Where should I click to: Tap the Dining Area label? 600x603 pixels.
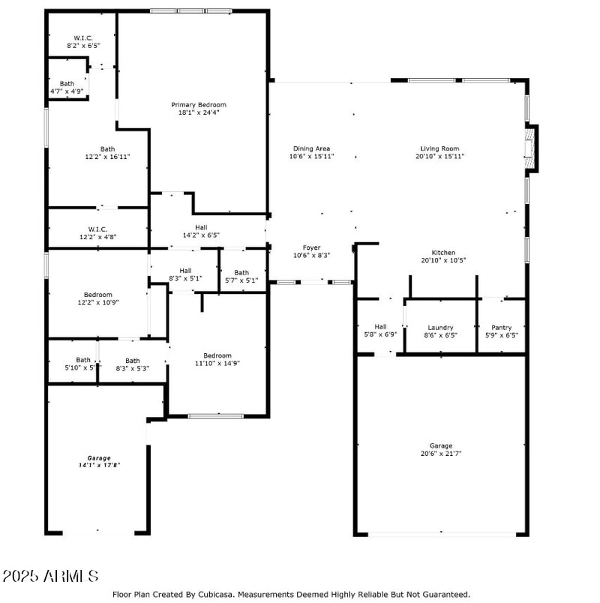click(x=312, y=148)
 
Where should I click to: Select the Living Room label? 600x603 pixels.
click(x=439, y=148)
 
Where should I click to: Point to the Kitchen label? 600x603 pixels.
click(x=443, y=253)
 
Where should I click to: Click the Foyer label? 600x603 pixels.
click(x=311, y=247)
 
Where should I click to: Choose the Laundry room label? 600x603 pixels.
click(x=440, y=328)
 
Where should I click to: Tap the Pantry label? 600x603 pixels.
click(x=501, y=328)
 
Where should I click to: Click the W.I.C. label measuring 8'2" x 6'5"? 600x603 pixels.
click(x=82, y=37)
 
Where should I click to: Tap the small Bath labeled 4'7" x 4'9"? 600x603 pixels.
click(x=67, y=84)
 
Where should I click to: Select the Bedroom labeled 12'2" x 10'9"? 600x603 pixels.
click(x=97, y=295)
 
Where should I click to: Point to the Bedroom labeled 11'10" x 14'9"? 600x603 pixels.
click(x=217, y=355)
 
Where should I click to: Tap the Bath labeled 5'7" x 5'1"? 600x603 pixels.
click(x=241, y=273)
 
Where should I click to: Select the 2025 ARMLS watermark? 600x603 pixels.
click(x=50, y=576)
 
